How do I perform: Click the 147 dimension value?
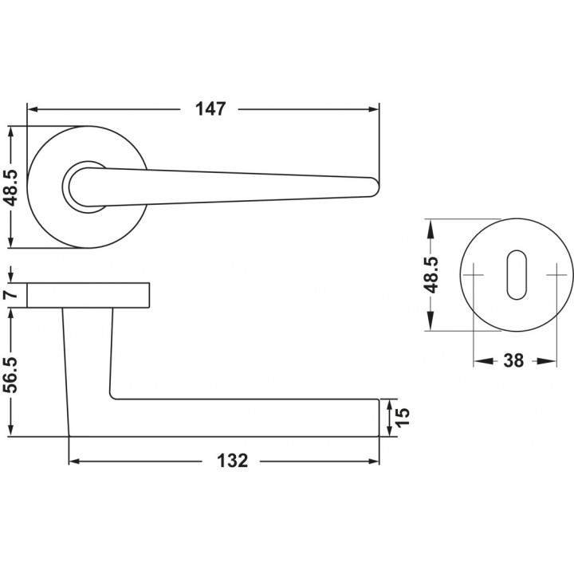click(210, 109)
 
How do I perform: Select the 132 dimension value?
click(233, 461)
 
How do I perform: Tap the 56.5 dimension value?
click(13, 375)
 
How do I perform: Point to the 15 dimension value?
click(403, 417)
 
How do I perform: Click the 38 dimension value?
click(513, 361)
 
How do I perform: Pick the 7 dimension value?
click(13, 294)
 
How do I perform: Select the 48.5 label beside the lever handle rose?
click(13, 187)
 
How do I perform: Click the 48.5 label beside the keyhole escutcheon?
click(432, 275)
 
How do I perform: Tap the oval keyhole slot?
click(517, 274)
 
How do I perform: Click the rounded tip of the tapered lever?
click(375, 187)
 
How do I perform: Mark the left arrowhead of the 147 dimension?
click(33, 109)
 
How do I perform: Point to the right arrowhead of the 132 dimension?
click(374, 462)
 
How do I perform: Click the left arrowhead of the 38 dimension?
click(482, 361)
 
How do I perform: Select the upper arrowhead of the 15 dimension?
click(389, 403)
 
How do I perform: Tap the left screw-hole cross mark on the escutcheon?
click(474, 275)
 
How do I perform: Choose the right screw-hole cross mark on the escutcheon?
click(556, 275)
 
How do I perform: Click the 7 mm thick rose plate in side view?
click(88, 295)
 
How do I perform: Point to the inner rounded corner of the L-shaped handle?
click(112, 396)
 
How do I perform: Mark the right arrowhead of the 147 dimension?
click(374, 109)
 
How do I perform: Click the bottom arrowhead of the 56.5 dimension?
click(12, 431)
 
